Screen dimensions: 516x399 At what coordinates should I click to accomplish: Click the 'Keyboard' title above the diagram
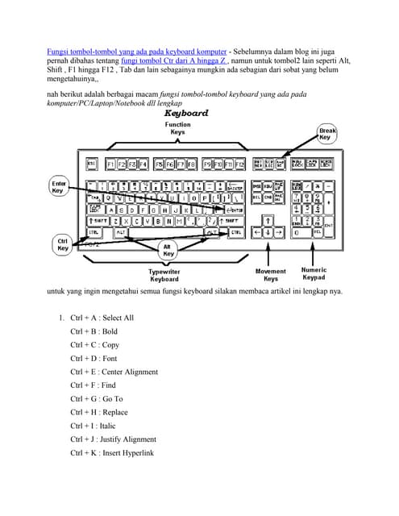tap(185, 114)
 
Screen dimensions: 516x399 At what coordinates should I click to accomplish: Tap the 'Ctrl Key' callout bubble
tap(62, 244)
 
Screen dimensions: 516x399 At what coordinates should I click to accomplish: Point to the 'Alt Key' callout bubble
tap(168, 249)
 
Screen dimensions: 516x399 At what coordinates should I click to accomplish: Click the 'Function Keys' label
tap(177, 129)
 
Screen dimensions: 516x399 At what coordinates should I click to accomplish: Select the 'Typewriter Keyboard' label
tap(164, 275)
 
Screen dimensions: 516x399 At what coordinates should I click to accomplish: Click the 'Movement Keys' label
tap(270, 275)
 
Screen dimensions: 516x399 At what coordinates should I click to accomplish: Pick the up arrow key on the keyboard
tap(268, 218)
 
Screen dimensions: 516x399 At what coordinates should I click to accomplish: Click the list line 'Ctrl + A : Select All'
tap(102, 318)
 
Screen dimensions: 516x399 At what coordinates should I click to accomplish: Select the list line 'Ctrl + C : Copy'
tap(94, 344)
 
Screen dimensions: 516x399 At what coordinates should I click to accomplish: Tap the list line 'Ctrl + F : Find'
tap(93, 385)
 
